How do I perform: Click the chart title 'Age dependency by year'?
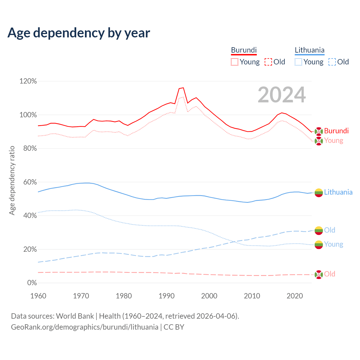pos(79,33)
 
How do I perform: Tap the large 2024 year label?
pos(282,95)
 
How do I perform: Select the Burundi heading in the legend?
pos(244,50)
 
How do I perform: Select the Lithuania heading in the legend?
pos(309,50)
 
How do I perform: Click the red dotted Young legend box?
pos(234,62)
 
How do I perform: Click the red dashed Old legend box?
pos(268,62)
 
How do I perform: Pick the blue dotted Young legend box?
pos(298,62)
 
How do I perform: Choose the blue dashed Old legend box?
pos(332,62)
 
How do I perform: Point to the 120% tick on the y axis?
pos(28,81)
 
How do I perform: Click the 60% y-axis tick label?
pos(30,182)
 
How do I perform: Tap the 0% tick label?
pos(32,283)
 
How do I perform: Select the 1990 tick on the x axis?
pos(166,296)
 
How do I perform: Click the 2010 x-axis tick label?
pos(252,296)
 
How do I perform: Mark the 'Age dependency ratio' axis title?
pos(12,180)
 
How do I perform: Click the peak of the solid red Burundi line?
pos(183,88)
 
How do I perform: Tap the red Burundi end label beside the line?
pos(336,131)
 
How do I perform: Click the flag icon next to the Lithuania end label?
pos(319,193)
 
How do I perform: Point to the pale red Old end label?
pos(330,274)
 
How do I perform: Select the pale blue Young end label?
pos(334,244)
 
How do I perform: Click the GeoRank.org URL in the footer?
pos(85,327)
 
